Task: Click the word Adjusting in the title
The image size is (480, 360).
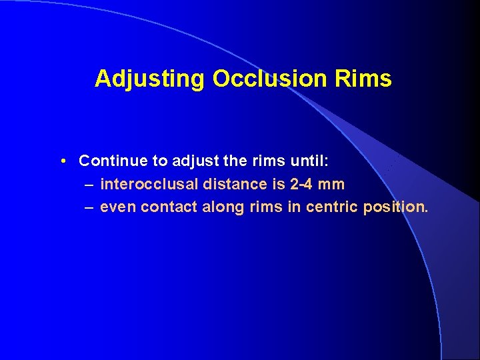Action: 150,79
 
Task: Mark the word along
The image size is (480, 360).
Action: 223,207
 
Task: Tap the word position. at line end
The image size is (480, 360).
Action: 395,207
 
